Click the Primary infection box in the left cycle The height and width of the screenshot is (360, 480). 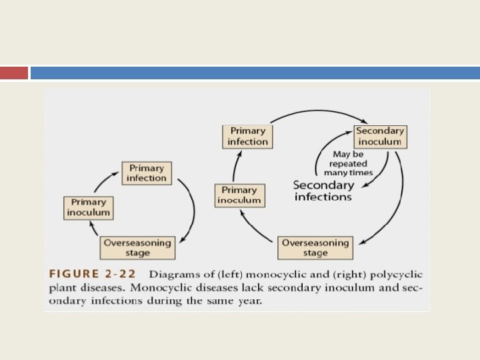(x=147, y=173)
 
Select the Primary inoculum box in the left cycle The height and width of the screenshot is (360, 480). (x=89, y=207)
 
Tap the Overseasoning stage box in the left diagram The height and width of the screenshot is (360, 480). (x=137, y=248)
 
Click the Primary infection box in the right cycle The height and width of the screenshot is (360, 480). (x=247, y=137)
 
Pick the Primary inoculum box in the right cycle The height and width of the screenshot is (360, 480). (x=239, y=195)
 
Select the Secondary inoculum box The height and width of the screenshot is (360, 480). (x=380, y=137)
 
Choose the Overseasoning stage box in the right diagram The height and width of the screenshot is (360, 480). (x=315, y=248)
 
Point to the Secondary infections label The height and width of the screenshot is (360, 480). (x=323, y=191)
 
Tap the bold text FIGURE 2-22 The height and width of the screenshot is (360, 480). (x=95, y=275)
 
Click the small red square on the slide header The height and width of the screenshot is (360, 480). (x=14, y=73)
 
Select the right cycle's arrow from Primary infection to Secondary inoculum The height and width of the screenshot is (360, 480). (x=313, y=115)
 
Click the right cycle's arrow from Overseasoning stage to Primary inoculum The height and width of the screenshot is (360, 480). (x=253, y=227)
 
